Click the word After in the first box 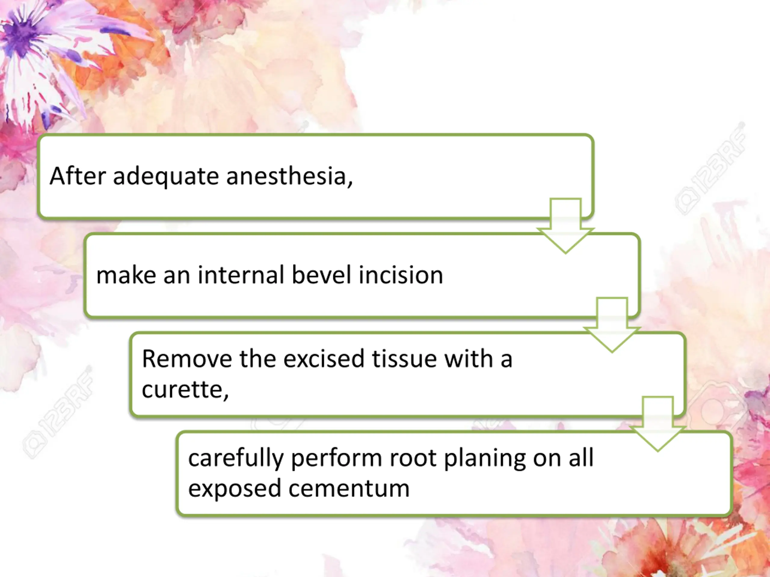tap(78, 176)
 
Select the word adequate tap(166, 177)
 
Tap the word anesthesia tap(289, 176)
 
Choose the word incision tap(401, 275)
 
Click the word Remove tap(186, 359)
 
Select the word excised tap(324, 359)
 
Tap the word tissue tap(404, 359)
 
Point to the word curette tap(184, 389)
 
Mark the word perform tap(336, 458)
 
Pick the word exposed tap(235, 489)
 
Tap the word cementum tap(349, 489)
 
